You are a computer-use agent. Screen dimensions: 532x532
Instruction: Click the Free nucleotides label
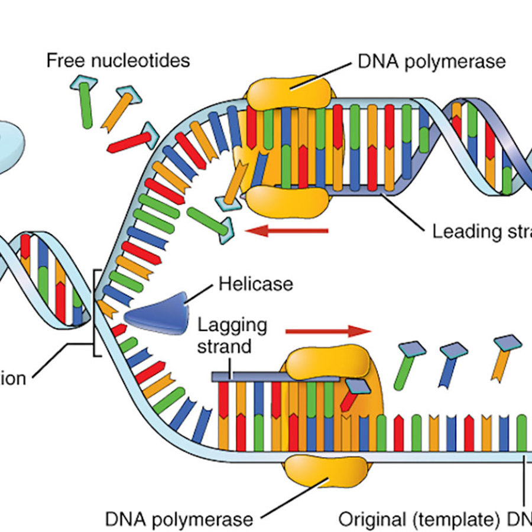(x=118, y=60)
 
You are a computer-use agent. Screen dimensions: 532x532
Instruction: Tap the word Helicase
(x=255, y=284)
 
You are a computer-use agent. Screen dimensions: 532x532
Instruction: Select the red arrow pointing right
(x=327, y=330)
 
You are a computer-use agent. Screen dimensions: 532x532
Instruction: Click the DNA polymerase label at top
(x=432, y=61)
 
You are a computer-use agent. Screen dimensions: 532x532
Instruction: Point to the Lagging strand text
(x=232, y=335)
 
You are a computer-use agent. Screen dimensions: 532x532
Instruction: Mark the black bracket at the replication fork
(x=95, y=313)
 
